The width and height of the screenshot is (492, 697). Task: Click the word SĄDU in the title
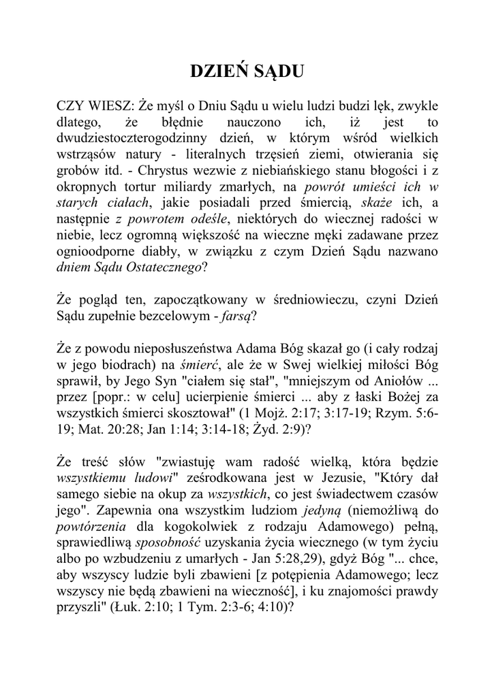point(275,74)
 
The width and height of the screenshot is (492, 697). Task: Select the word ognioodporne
point(96,251)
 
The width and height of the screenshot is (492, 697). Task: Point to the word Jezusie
point(309,479)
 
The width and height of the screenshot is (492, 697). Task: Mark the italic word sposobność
point(165,543)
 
